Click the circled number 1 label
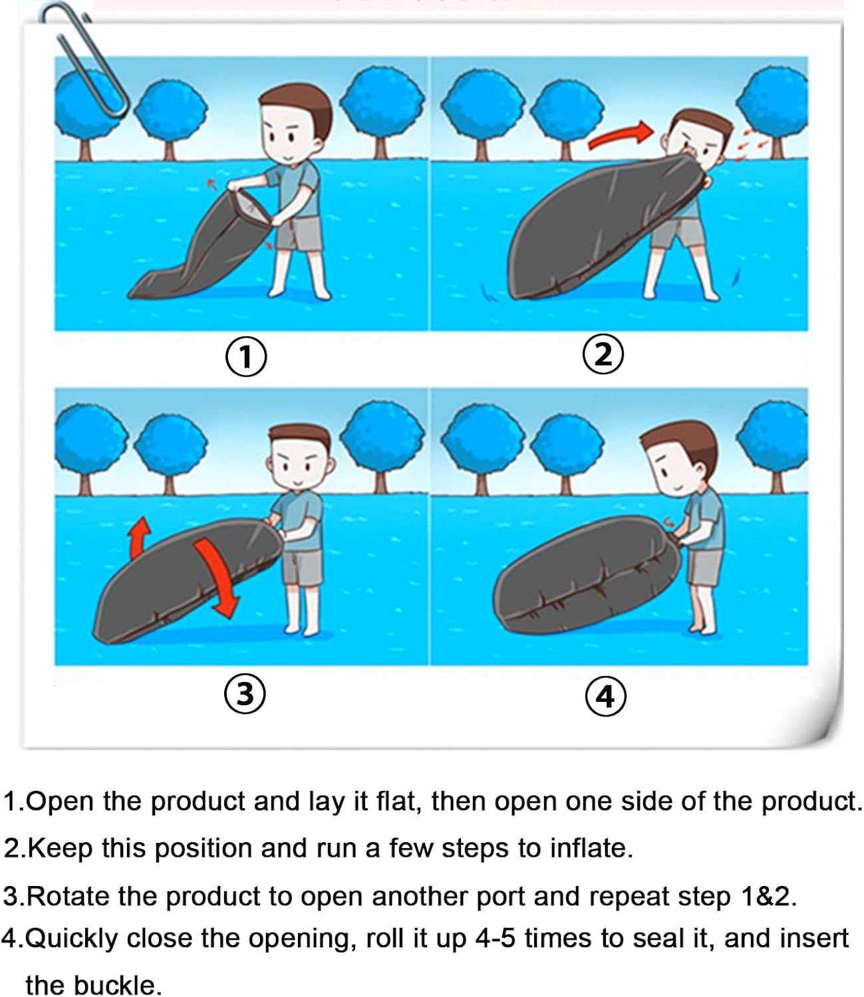245,356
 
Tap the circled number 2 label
603,354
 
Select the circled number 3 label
245,693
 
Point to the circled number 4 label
605,695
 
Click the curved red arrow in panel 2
621,134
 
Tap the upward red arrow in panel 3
140,538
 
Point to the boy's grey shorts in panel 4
704,567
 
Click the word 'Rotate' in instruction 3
68,896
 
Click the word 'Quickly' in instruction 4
71,939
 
